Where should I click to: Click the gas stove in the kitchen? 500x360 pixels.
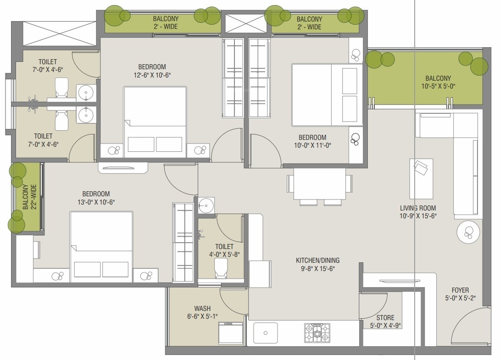point(317,333)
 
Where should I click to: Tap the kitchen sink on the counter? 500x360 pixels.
point(265,333)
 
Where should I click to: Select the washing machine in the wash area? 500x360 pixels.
point(231,333)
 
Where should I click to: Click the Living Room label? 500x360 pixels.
point(418,208)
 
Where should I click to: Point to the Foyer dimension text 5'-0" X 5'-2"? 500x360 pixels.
point(460,298)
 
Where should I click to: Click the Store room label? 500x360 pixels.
point(385,318)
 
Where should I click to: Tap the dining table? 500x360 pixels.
point(320,184)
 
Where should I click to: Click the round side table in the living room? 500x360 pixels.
point(468,233)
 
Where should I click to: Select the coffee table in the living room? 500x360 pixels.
point(421,179)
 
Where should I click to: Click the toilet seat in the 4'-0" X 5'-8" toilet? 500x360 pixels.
point(221,268)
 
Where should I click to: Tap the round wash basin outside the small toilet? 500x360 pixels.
point(206,205)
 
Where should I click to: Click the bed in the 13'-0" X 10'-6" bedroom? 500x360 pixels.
point(101,246)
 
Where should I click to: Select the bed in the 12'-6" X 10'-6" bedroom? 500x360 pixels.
point(155,122)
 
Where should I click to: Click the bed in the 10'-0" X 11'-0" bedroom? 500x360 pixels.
point(327,95)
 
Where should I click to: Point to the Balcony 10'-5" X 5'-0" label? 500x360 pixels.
point(438,82)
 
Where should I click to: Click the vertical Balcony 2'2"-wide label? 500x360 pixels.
point(30,197)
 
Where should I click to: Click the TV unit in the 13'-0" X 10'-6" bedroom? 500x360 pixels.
point(123,168)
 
